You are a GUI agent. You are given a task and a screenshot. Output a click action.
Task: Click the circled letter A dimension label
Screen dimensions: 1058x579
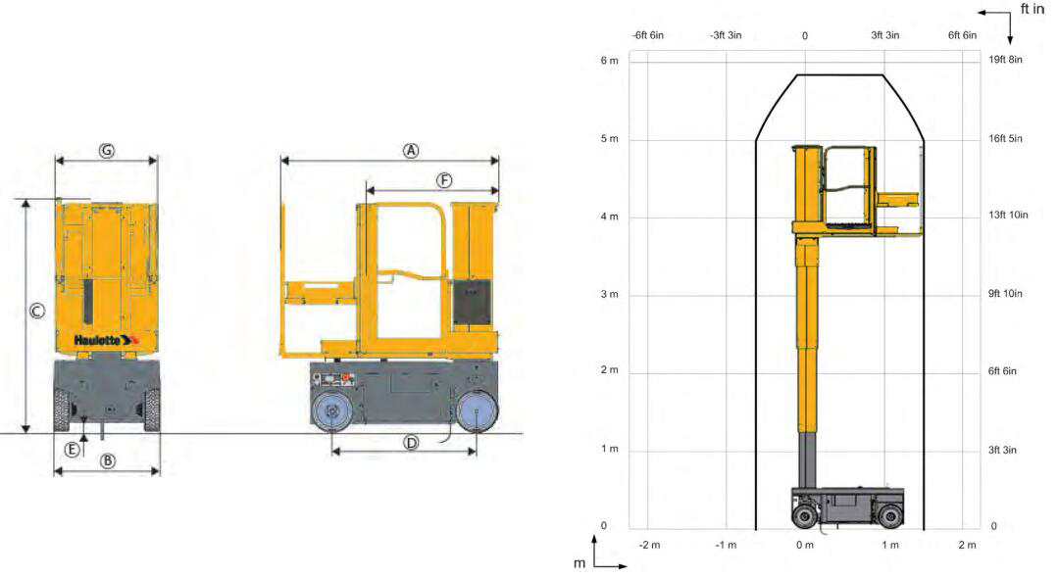[411, 151]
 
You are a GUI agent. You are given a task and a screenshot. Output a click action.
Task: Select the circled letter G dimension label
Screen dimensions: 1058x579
[107, 151]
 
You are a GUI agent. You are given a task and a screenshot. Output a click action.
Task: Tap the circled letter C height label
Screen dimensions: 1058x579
[36, 311]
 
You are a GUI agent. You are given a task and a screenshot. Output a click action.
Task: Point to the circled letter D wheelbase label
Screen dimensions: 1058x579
[411, 443]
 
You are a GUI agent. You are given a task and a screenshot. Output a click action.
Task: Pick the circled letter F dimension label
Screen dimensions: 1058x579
[444, 180]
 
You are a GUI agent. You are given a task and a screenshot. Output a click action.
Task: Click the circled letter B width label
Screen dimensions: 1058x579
[107, 461]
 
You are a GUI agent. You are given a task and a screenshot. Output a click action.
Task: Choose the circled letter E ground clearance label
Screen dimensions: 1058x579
[72, 450]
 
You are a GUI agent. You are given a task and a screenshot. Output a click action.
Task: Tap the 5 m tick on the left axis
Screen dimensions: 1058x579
[609, 139]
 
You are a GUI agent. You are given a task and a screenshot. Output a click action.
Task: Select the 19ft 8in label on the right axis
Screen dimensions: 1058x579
[1005, 60]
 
